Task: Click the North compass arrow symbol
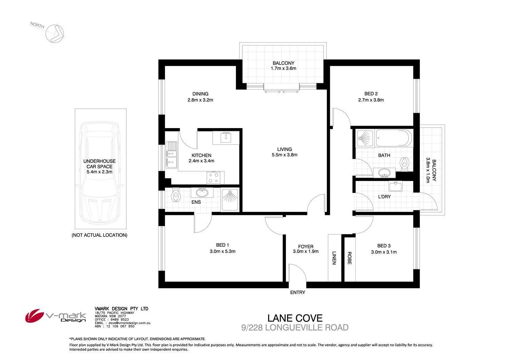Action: pos(55,34)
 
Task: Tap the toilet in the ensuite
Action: pos(176,195)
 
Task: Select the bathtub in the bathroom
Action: pos(394,139)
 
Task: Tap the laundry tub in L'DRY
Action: pos(395,186)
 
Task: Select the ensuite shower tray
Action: pos(230,200)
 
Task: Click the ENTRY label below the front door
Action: pos(298,292)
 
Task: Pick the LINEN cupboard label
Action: pos(334,258)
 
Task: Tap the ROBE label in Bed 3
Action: pos(349,258)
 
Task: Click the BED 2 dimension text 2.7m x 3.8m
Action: pos(371,100)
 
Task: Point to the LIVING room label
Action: pos(284,149)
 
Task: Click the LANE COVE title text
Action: pos(295,318)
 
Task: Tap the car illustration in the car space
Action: pos(100,173)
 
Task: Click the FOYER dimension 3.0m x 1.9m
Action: pos(305,252)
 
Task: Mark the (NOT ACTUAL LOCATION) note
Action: pos(99,235)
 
